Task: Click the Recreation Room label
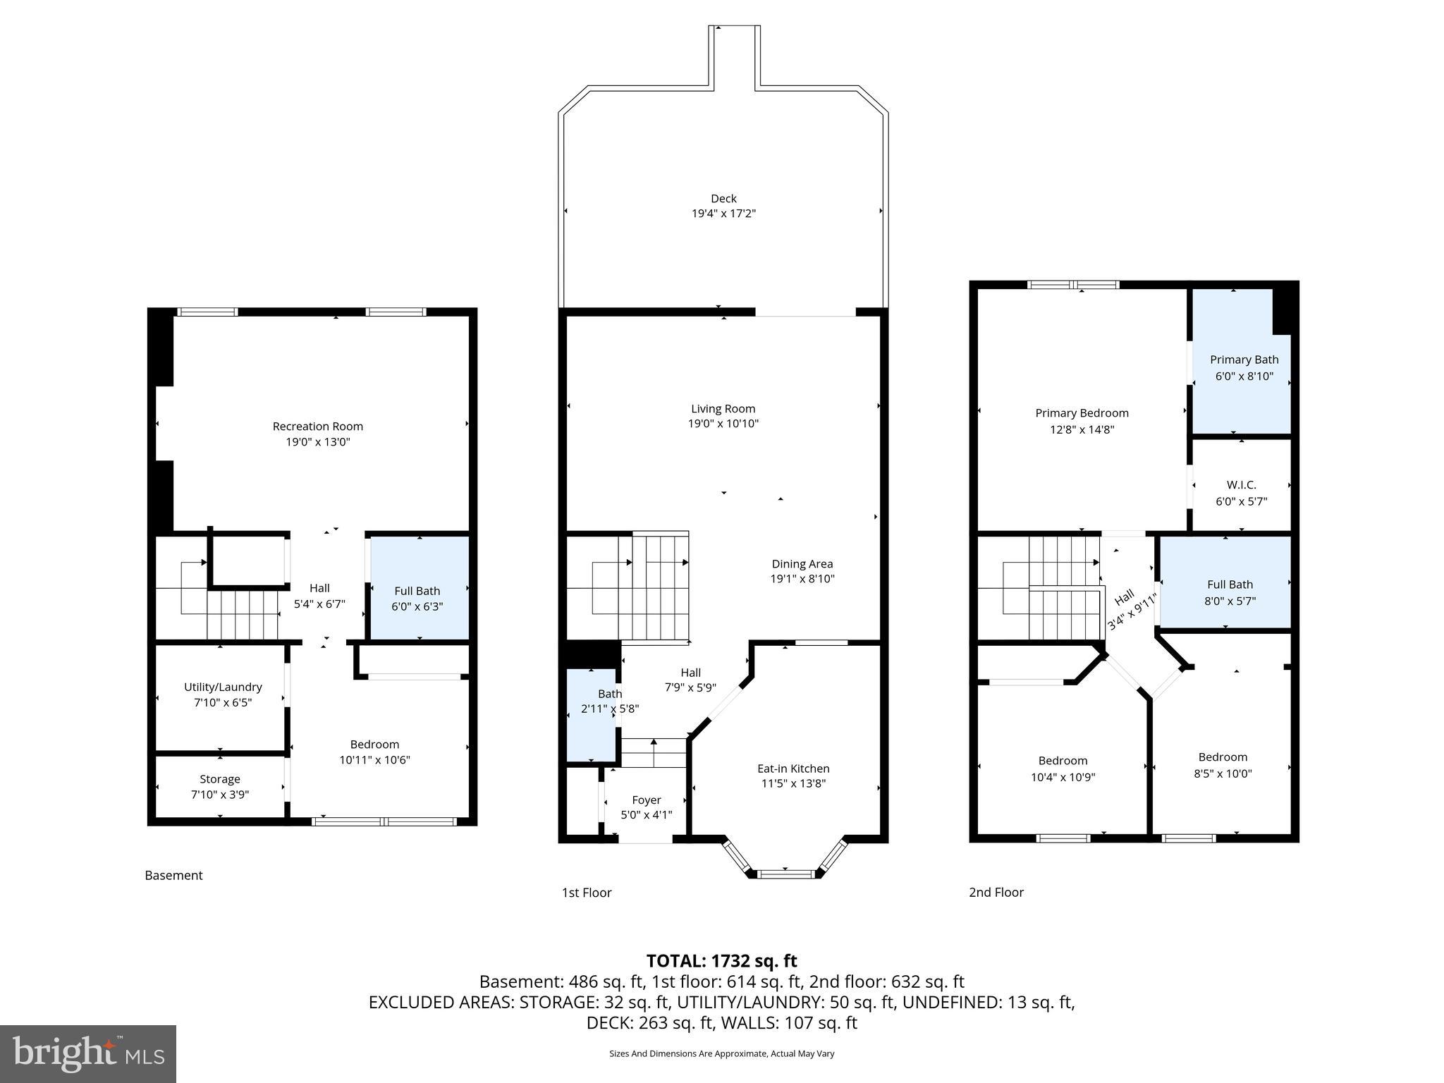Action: [317, 427]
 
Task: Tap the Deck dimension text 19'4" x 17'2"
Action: [723, 214]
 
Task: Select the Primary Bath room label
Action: [1244, 360]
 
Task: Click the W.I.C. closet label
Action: [1241, 485]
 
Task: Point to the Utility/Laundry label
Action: [223, 687]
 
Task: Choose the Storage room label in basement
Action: [220, 779]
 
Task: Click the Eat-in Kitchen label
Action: [793, 769]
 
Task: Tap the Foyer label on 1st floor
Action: [646, 800]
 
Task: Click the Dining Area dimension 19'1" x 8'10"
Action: [802, 579]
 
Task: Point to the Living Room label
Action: [723, 409]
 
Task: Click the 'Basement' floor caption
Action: [173, 875]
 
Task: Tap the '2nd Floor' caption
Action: [996, 892]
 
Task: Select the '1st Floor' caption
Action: [586, 893]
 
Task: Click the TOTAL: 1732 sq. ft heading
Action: [721, 960]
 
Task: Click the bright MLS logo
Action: [88, 1053]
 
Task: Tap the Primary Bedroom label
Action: [1082, 413]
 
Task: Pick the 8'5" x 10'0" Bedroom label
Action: [1223, 765]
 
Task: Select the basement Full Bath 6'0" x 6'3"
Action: [417, 599]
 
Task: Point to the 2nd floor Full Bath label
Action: [1230, 585]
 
